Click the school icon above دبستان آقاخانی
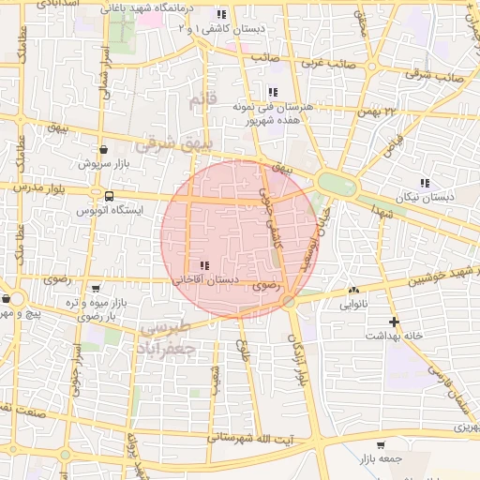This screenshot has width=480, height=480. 204,265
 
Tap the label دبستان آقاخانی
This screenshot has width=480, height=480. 205,279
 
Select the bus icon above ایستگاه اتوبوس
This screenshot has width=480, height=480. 111,197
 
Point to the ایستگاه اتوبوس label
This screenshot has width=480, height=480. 111,211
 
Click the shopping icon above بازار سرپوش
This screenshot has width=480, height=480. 102,148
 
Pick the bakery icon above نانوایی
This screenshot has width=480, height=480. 353,292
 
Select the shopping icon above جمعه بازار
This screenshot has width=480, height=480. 380,444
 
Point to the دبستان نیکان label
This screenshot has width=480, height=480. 425,198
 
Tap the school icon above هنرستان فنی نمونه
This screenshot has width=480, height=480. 272,92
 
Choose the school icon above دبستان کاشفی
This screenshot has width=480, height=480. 221,15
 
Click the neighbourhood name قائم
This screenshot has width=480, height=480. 202,99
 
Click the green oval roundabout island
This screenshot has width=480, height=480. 337,184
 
